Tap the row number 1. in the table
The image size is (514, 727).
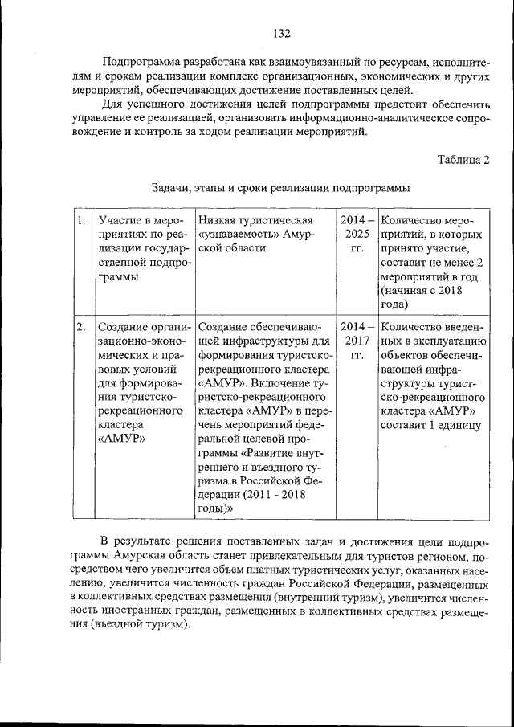click(x=80, y=220)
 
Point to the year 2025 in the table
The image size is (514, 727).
click(x=357, y=234)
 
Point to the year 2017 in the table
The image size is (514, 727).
click(x=357, y=341)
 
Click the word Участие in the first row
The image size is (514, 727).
click(x=118, y=220)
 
